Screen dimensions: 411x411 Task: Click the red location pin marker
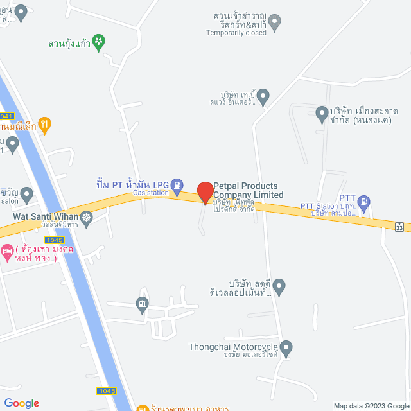205,193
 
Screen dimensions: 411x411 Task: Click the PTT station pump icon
363,200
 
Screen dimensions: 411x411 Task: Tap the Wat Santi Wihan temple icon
87,219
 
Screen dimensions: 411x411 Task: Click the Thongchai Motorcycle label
234,347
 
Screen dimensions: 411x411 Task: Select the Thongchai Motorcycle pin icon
286,348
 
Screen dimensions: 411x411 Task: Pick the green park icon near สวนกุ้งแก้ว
99,42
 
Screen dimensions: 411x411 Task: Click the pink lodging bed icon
7,250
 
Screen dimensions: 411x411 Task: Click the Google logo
21,403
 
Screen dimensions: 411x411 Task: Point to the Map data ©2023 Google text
371,405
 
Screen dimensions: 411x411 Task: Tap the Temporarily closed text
236,33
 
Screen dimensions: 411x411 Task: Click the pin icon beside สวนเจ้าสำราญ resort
275,24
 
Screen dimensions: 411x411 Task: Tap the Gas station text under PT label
150,193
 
